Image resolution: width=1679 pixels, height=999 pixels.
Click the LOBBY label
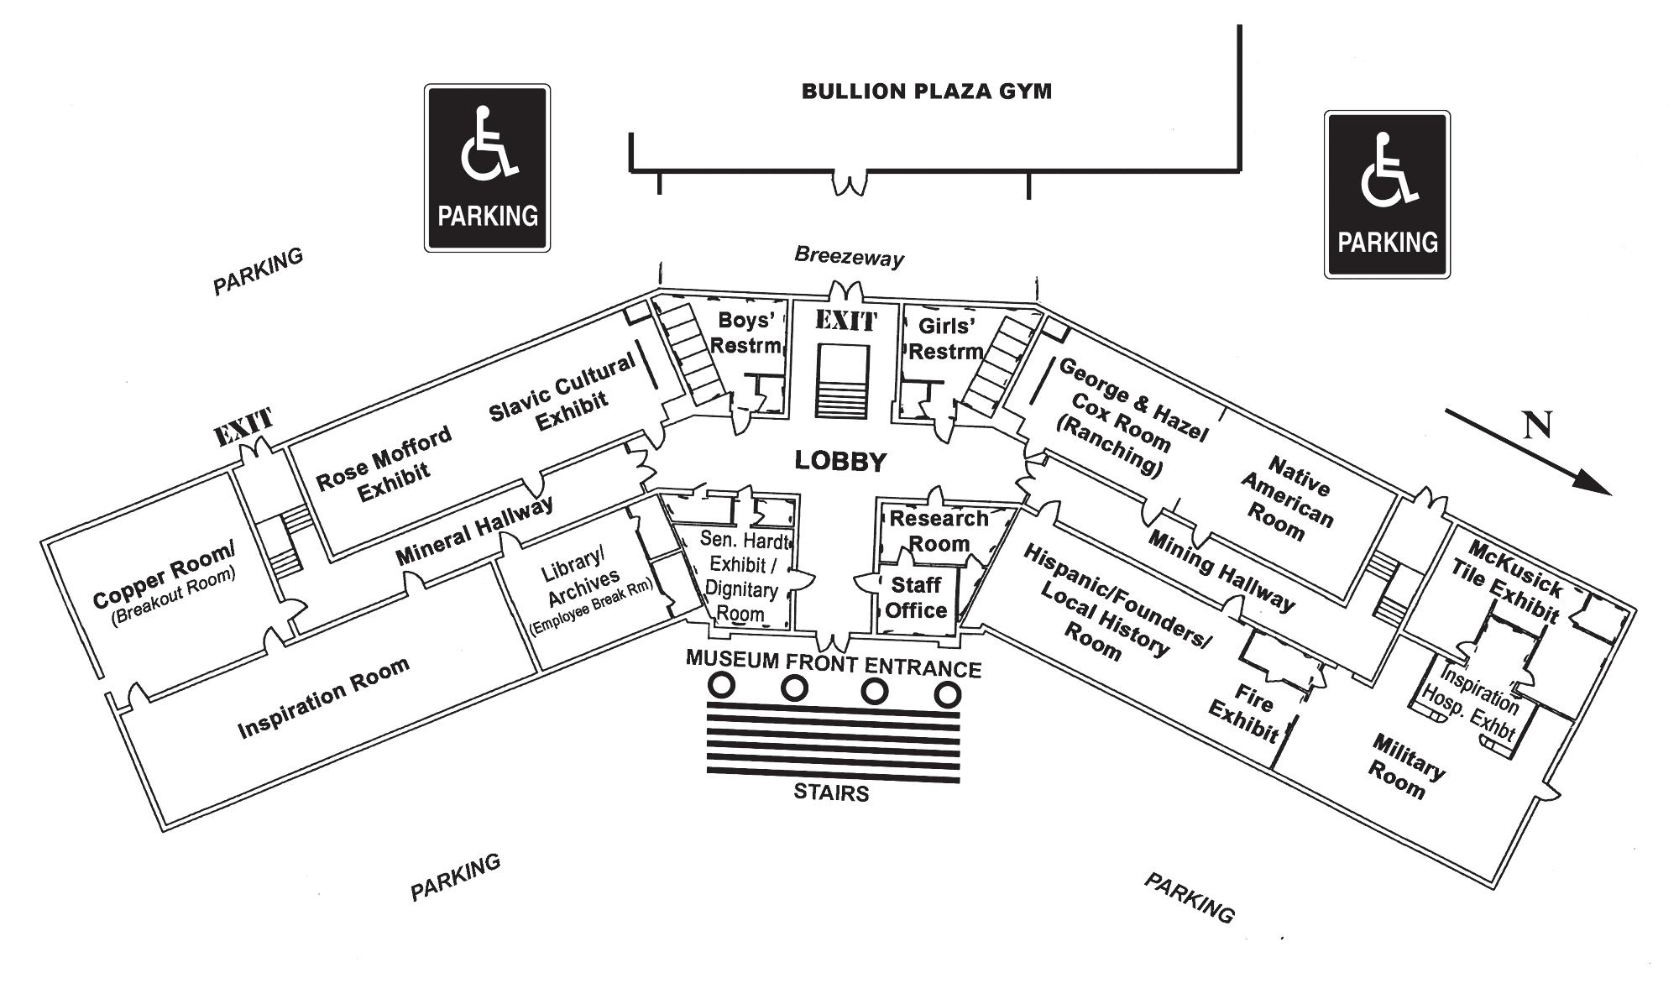(840, 461)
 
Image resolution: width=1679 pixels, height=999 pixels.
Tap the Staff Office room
(915, 598)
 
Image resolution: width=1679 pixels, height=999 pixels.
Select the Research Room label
(939, 531)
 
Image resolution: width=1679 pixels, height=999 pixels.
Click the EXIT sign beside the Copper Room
(243, 426)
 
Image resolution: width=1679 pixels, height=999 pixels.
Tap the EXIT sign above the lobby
(845, 321)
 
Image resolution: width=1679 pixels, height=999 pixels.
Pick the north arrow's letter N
(1538, 426)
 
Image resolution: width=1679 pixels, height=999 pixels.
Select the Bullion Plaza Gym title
(926, 91)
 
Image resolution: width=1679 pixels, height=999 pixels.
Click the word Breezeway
(849, 256)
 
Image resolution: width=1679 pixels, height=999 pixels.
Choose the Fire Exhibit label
(1246, 713)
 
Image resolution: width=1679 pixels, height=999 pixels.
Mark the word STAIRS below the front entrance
(831, 792)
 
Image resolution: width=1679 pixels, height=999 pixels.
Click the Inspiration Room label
(323, 698)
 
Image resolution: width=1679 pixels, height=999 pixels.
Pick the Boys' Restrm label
(745, 332)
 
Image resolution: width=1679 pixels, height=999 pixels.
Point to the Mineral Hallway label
(474, 531)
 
